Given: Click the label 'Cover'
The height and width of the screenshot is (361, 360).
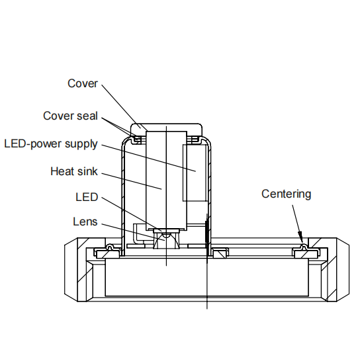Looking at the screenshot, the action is point(83,83).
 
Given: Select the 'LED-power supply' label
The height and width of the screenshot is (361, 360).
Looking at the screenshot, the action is point(51,144).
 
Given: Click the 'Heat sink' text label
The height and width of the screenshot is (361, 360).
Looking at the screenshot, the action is point(74,171).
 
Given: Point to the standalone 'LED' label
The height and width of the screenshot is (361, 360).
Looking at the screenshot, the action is point(87,197).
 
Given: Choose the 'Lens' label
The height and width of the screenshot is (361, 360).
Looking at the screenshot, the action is point(85,221).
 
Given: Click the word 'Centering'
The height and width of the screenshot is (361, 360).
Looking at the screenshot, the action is point(287,194).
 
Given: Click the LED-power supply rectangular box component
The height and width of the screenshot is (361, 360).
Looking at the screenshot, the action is point(195,173).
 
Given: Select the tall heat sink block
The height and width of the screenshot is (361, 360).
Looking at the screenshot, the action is point(166,180).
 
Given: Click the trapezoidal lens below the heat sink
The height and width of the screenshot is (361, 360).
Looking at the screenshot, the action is point(166,241).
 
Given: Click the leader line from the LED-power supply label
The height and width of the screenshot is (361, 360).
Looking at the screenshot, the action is point(149,158).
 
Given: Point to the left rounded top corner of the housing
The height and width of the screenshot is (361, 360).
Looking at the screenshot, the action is point(126,141).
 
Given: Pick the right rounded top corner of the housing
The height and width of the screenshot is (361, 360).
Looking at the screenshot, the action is point(206,141).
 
